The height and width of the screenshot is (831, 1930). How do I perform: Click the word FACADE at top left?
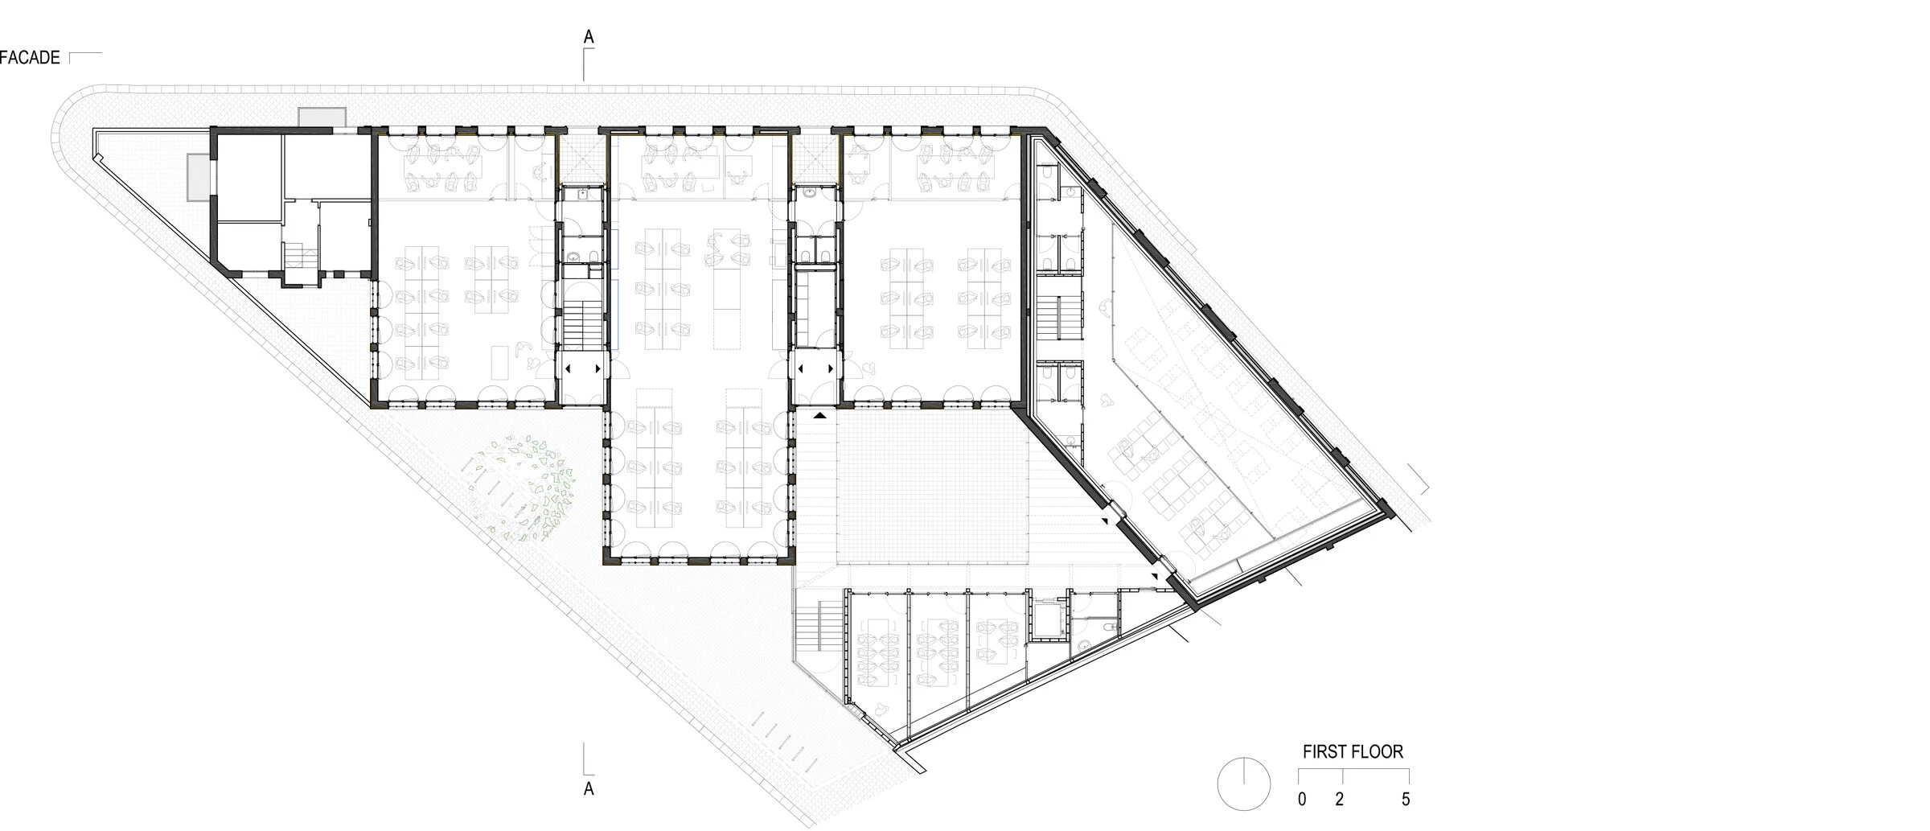(30, 57)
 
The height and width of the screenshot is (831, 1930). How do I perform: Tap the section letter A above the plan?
(589, 37)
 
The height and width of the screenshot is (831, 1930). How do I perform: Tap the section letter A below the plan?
(589, 788)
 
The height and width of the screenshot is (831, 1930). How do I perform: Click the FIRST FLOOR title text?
(1353, 751)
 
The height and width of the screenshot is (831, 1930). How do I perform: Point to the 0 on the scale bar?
(1302, 800)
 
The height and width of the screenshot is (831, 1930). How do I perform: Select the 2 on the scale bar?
(1340, 800)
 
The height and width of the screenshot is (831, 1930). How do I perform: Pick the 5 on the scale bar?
(1406, 800)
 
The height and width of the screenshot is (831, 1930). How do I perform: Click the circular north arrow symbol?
(1244, 784)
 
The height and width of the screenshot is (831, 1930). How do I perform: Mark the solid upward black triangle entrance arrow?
(820, 415)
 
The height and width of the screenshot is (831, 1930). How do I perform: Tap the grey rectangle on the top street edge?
(322, 117)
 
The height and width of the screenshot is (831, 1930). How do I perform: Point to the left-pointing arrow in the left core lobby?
(569, 369)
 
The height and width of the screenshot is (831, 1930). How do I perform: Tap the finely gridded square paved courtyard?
(933, 491)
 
